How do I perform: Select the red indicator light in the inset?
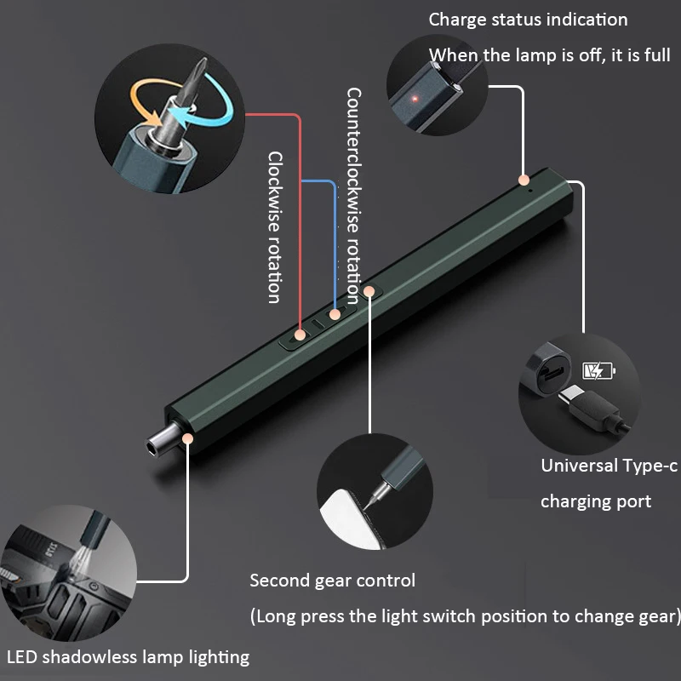click(x=415, y=99)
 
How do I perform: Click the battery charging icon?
click(x=599, y=371)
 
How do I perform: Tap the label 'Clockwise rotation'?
click(x=275, y=226)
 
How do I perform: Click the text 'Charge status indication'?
click(x=528, y=20)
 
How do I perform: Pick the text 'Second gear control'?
click(x=333, y=581)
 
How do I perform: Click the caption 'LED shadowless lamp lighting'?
click(x=129, y=656)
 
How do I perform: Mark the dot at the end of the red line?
click(x=300, y=335)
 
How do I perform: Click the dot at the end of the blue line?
click(x=335, y=314)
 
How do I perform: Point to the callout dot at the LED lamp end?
click(x=187, y=438)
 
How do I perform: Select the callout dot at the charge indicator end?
click(x=524, y=180)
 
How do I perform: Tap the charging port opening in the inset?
click(x=552, y=372)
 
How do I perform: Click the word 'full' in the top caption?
click(x=657, y=55)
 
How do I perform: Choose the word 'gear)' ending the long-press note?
click(x=661, y=616)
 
